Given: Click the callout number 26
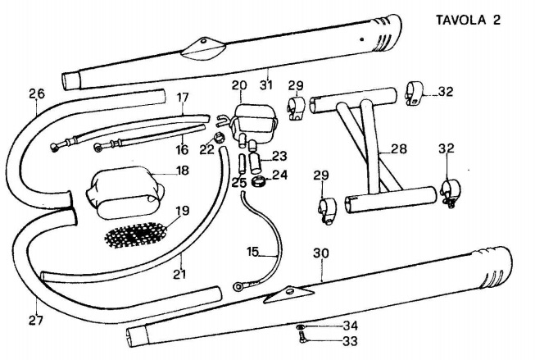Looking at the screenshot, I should click(x=35, y=93).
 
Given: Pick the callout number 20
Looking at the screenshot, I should click(x=238, y=85).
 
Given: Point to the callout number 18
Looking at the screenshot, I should click(x=182, y=171).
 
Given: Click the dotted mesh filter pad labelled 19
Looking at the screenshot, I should click(x=140, y=232).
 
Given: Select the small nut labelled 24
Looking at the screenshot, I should click(x=256, y=180).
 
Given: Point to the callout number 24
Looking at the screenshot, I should click(x=279, y=174).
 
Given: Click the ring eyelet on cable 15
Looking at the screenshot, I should click(x=238, y=287).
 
